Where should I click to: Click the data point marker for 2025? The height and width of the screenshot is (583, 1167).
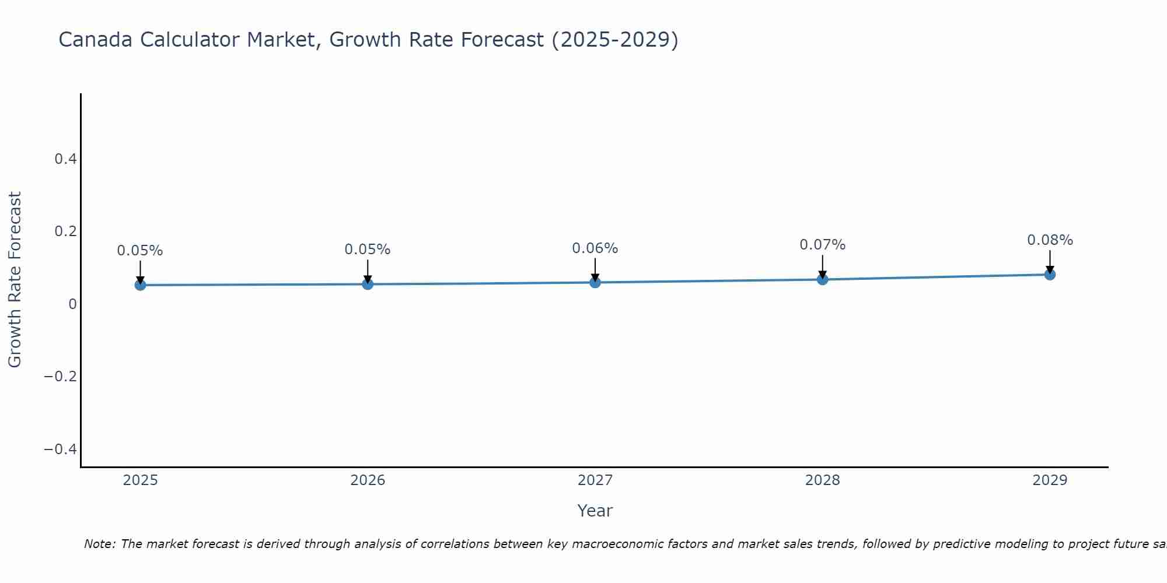pos(140,285)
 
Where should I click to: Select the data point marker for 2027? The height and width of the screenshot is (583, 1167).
pos(595,283)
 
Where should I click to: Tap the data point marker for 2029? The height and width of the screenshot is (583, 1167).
pos(1050,275)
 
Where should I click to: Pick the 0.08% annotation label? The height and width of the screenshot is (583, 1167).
pos(1050,240)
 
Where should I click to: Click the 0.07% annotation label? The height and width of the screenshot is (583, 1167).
pos(822,245)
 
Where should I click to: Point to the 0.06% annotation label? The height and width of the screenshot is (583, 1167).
pos(595,248)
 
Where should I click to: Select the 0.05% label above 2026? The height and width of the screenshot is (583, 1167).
pos(367,250)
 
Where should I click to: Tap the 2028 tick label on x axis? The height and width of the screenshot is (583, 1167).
pos(822,480)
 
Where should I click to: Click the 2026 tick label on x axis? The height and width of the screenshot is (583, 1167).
pos(368,480)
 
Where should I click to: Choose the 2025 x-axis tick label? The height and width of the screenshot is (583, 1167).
pos(140,480)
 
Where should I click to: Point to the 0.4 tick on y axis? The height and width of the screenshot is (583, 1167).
pos(65,159)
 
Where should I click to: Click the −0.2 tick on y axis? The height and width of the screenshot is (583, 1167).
pos(60,376)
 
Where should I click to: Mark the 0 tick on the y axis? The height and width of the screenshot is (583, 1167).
pos(72,304)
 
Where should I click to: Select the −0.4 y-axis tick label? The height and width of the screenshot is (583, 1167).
pos(60,449)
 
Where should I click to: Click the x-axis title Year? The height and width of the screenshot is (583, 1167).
pos(595,511)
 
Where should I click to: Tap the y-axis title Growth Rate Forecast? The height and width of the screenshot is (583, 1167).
pos(15,280)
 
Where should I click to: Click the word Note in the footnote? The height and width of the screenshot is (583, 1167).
pos(99,544)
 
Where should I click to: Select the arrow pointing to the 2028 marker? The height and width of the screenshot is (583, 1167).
pos(822,266)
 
